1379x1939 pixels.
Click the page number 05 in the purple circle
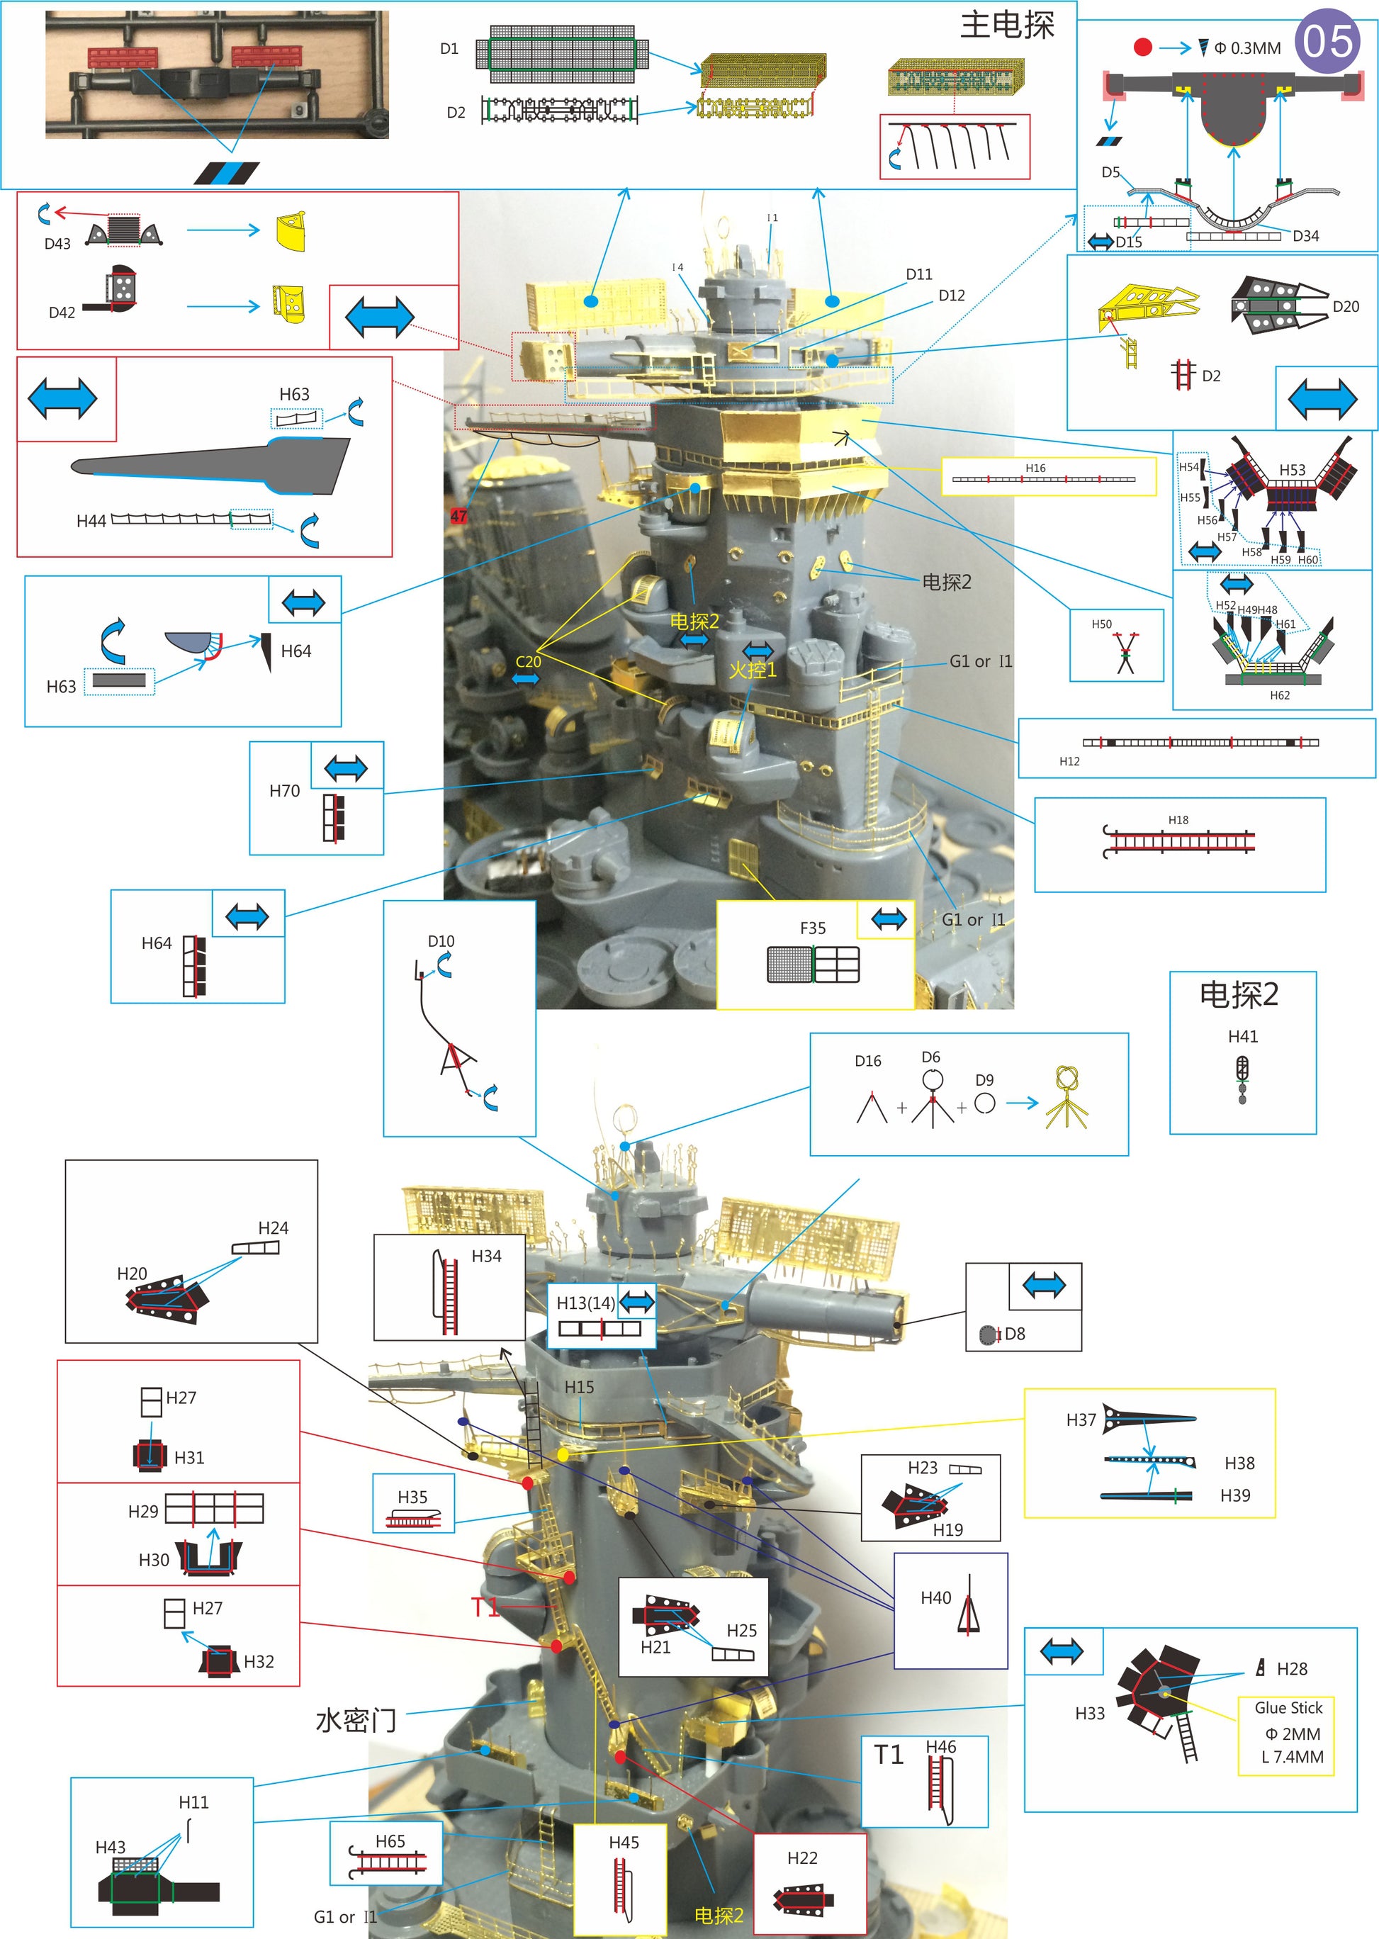tap(1328, 41)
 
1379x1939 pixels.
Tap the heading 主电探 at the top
tap(1007, 26)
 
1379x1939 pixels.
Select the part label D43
tap(57, 244)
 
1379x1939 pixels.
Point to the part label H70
tap(284, 791)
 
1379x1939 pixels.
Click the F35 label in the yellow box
tap(813, 928)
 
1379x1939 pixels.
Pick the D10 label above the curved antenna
tap(441, 941)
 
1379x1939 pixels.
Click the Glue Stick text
tap(1288, 1707)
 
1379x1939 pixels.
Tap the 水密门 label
tap(356, 1720)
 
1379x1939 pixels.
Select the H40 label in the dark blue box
tap(935, 1597)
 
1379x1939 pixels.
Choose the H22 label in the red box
tap(802, 1857)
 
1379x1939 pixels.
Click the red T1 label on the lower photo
tap(485, 1607)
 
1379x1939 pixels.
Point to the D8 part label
tap(1015, 1334)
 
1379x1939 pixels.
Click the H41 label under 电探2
tap(1243, 1036)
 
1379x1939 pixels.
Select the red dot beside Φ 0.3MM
tap(1143, 47)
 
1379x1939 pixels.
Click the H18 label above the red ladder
tap(1178, 819)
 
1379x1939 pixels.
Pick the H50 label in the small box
tap(1101, 624)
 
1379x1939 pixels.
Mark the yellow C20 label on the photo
tap(528, 662)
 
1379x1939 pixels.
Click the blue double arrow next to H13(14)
tap(637, 1301)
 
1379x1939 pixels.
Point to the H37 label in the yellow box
tap(1081, 1420)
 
